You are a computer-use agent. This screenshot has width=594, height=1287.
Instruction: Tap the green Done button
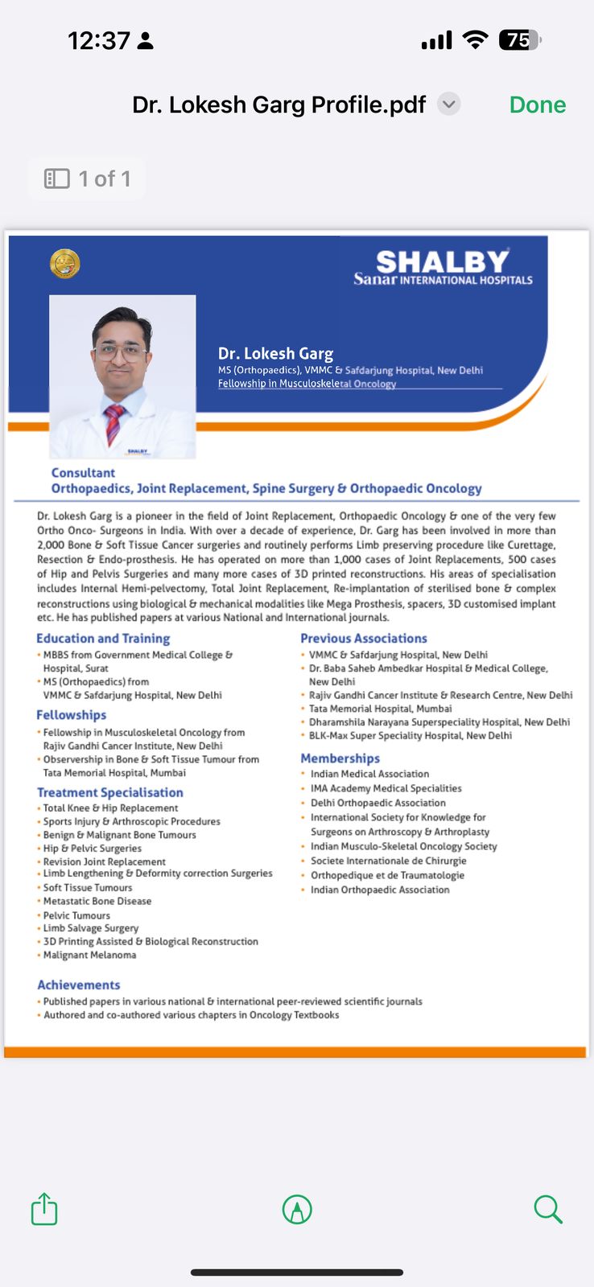[538, 105]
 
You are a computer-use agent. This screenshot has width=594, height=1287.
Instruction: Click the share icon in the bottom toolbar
[44, 1209]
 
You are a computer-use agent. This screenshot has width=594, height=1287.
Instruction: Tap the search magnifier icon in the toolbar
[547, 1209]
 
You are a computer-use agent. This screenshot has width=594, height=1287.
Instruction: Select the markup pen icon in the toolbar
[297, 1209]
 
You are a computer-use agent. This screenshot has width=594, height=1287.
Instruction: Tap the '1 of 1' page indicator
[87, 179]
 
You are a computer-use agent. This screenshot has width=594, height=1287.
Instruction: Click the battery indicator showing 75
[519, 40]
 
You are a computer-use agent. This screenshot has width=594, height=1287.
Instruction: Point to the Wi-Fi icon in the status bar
[476, 40]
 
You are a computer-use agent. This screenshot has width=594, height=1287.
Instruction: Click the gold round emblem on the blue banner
[64, 263]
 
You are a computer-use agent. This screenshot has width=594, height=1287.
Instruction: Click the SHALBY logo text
[442, 261]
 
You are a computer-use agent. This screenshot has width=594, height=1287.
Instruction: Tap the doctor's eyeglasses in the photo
[121, 351]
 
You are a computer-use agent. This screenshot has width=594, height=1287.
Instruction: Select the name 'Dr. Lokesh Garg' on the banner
[275, 353]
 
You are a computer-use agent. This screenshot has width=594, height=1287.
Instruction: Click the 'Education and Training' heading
[103, 638]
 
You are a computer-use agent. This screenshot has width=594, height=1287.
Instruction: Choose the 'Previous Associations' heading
[364, 638]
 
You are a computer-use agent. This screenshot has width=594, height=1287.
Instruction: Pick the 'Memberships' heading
[340, 758]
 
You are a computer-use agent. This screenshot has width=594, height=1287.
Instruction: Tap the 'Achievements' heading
[79, 985]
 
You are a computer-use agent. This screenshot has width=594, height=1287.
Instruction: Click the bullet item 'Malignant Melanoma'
[89, 955]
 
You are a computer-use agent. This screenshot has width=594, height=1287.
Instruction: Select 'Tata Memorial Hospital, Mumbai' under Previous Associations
[380, 709]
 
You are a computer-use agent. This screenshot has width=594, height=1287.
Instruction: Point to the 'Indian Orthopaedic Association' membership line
[380, 890]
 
